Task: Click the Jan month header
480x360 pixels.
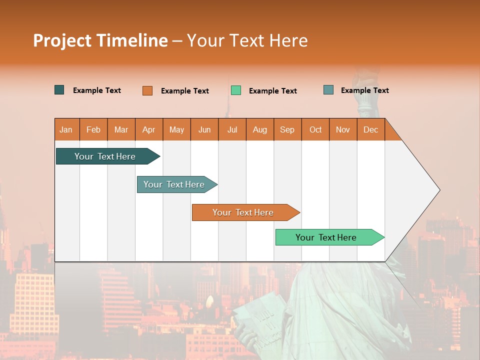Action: coord(66,129)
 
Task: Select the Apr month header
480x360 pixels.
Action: coord(149,129)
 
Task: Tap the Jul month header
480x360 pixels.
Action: coord(232,129)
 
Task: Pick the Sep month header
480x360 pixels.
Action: coord(287,129)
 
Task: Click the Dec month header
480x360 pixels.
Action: coord(370,129)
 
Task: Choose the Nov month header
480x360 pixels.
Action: coord(343,129)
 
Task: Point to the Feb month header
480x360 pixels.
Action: coord(93,129)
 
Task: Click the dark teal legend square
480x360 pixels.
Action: coord(59,90)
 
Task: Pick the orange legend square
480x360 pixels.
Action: coord(147,90)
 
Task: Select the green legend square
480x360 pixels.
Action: coord(236,90)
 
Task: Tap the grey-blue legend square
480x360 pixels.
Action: coord(328,90)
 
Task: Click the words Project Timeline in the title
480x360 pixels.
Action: coord(100,40)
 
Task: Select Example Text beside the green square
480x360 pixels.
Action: coord(272,91)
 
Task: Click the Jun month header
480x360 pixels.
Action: coord(204,129)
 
